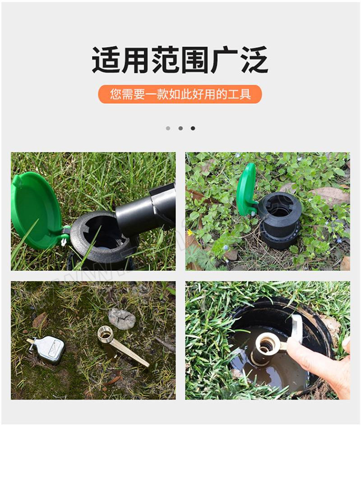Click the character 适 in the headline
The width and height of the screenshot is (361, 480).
[106, 60]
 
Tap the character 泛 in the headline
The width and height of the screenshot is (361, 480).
[254, 60]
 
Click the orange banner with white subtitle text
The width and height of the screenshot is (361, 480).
[180, 94]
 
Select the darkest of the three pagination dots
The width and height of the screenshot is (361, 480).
[193, 128]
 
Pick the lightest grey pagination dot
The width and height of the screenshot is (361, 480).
[168, 128]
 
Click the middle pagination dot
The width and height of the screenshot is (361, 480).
[180, 128]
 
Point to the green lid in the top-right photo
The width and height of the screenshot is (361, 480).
[246, 190]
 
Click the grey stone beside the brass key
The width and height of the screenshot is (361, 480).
[122, 319]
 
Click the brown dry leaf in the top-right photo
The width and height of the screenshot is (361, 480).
[330, 196]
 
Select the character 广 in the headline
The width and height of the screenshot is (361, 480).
[225, 60]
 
